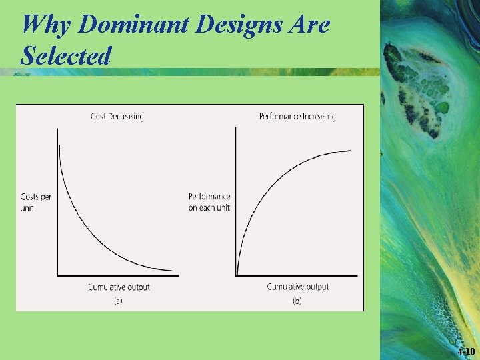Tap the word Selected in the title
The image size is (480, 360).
tap(65, 56)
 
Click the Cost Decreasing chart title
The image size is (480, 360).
tap(117, 117)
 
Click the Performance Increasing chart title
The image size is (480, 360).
tap(297, 117)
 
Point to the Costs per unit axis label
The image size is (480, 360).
tap(36, 203)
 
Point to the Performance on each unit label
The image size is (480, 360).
tap(209, 203)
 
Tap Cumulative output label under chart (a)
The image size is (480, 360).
tap(119, 287)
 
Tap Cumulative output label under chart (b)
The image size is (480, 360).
tap(298, 287)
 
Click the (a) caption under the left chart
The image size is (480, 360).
tap(118, 301)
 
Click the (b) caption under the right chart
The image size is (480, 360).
tap(297, 301)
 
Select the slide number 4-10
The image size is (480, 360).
tap(467, 351)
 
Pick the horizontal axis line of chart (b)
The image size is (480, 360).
tap(297, 275)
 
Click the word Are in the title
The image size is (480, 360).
tap(311, 25)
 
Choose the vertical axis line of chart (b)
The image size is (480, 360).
tap(236, 200)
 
